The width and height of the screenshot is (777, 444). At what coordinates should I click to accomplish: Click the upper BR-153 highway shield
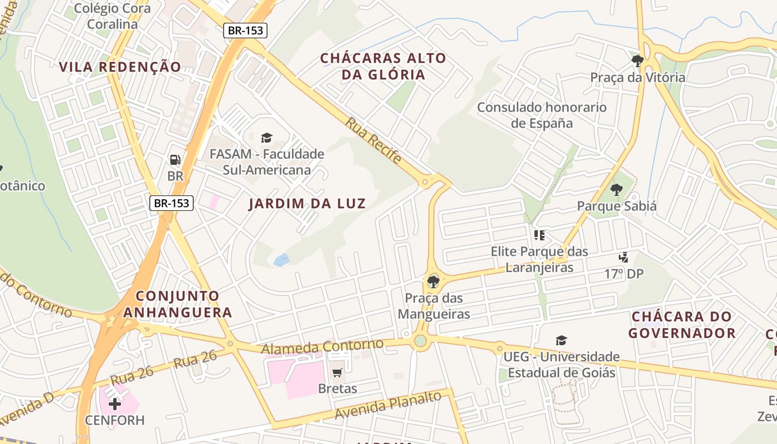[x=245, y=31]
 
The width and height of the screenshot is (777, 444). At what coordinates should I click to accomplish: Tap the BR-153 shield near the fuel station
[x=171, y=203]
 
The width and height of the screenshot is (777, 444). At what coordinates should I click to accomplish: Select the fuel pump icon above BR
[x=175, y=160]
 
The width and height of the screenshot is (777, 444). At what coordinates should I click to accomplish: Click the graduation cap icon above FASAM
[x=266, y=138]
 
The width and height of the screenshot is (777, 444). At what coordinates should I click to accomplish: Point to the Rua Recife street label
[x=374, y=140]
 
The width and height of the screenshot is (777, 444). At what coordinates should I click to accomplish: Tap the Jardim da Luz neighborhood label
[x=307, y=204]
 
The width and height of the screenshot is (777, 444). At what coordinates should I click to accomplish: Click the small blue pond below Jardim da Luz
[x=281, y=259]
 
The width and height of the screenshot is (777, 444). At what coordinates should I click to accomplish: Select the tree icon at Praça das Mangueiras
[x=433, y=281]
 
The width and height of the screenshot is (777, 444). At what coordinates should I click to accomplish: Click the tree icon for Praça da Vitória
[x=637, y=60]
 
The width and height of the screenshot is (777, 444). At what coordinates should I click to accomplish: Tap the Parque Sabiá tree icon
[x=616, y=190]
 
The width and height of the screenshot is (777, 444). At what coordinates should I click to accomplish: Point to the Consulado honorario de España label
[x=542, y=115]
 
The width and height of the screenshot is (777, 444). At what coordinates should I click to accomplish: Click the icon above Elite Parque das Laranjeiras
[x=539, y=235]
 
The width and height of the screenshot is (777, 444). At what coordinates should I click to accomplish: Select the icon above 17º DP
[x=624, y=258]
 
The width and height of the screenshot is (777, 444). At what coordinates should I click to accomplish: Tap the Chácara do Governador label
[x=682, y=325]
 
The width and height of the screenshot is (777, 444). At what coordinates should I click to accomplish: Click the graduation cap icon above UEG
[x=562, y=340]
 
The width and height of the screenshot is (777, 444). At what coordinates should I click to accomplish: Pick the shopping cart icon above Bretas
[x=337, y=372]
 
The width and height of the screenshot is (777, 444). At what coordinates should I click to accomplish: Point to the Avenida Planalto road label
[x=388, y=406]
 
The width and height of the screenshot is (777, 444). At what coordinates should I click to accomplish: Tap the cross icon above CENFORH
[x=115, y=403]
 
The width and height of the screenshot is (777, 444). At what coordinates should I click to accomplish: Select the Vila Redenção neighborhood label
[x=120, y=67]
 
